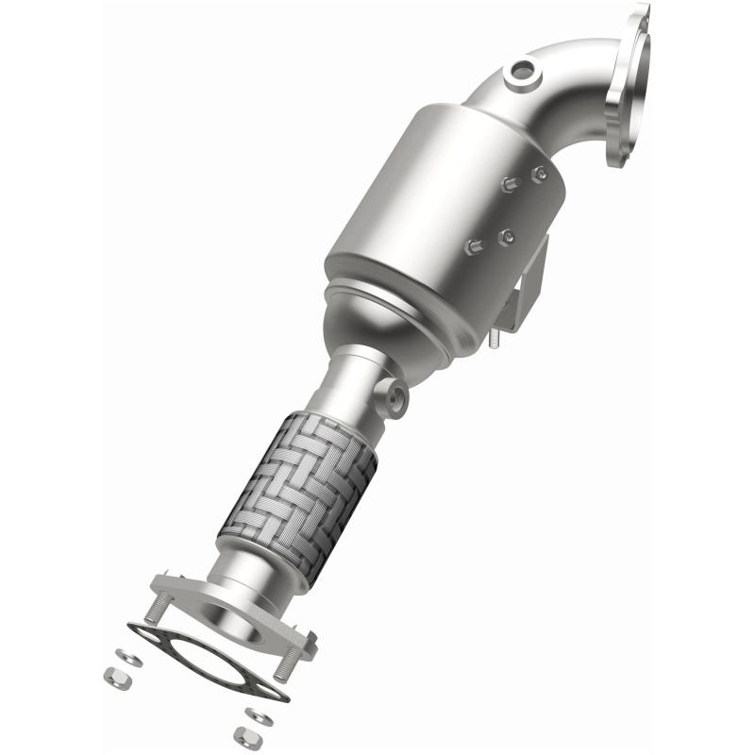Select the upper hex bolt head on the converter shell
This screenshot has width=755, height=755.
click(x=539, y=174)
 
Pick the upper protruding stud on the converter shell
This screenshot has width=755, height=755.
click(x=509, y=185)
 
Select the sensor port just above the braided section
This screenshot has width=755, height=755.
click(x=394, y=397)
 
